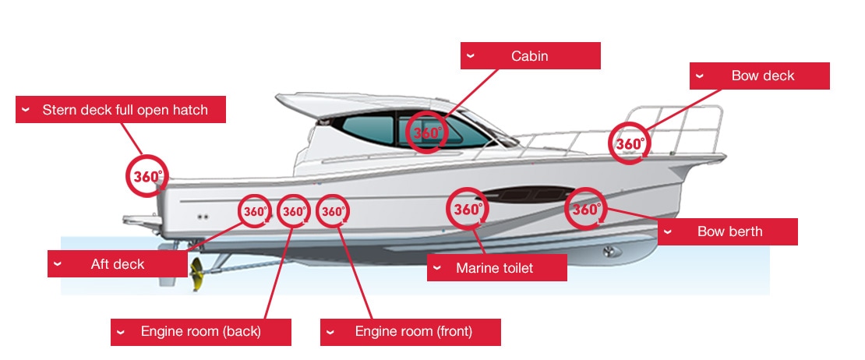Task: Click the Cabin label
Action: [530, 56]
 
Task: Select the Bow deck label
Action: [759, 76]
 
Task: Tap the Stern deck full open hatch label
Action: [121, 110]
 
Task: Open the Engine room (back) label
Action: [200, 331]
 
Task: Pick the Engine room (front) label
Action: [410, 331]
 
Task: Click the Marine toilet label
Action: [496, 269]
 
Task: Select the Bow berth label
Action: [728, 231]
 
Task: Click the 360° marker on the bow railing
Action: [629, 143]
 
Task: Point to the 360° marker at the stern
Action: [147, 176]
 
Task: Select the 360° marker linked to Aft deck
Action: [255, 211]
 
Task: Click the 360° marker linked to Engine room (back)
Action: [294, 211]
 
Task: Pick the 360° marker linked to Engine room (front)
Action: [333, 211]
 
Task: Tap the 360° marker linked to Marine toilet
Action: [468, 209]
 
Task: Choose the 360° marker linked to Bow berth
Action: [586, 209]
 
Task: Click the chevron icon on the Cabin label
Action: [471, 56]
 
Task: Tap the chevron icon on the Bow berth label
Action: [669, 231]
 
